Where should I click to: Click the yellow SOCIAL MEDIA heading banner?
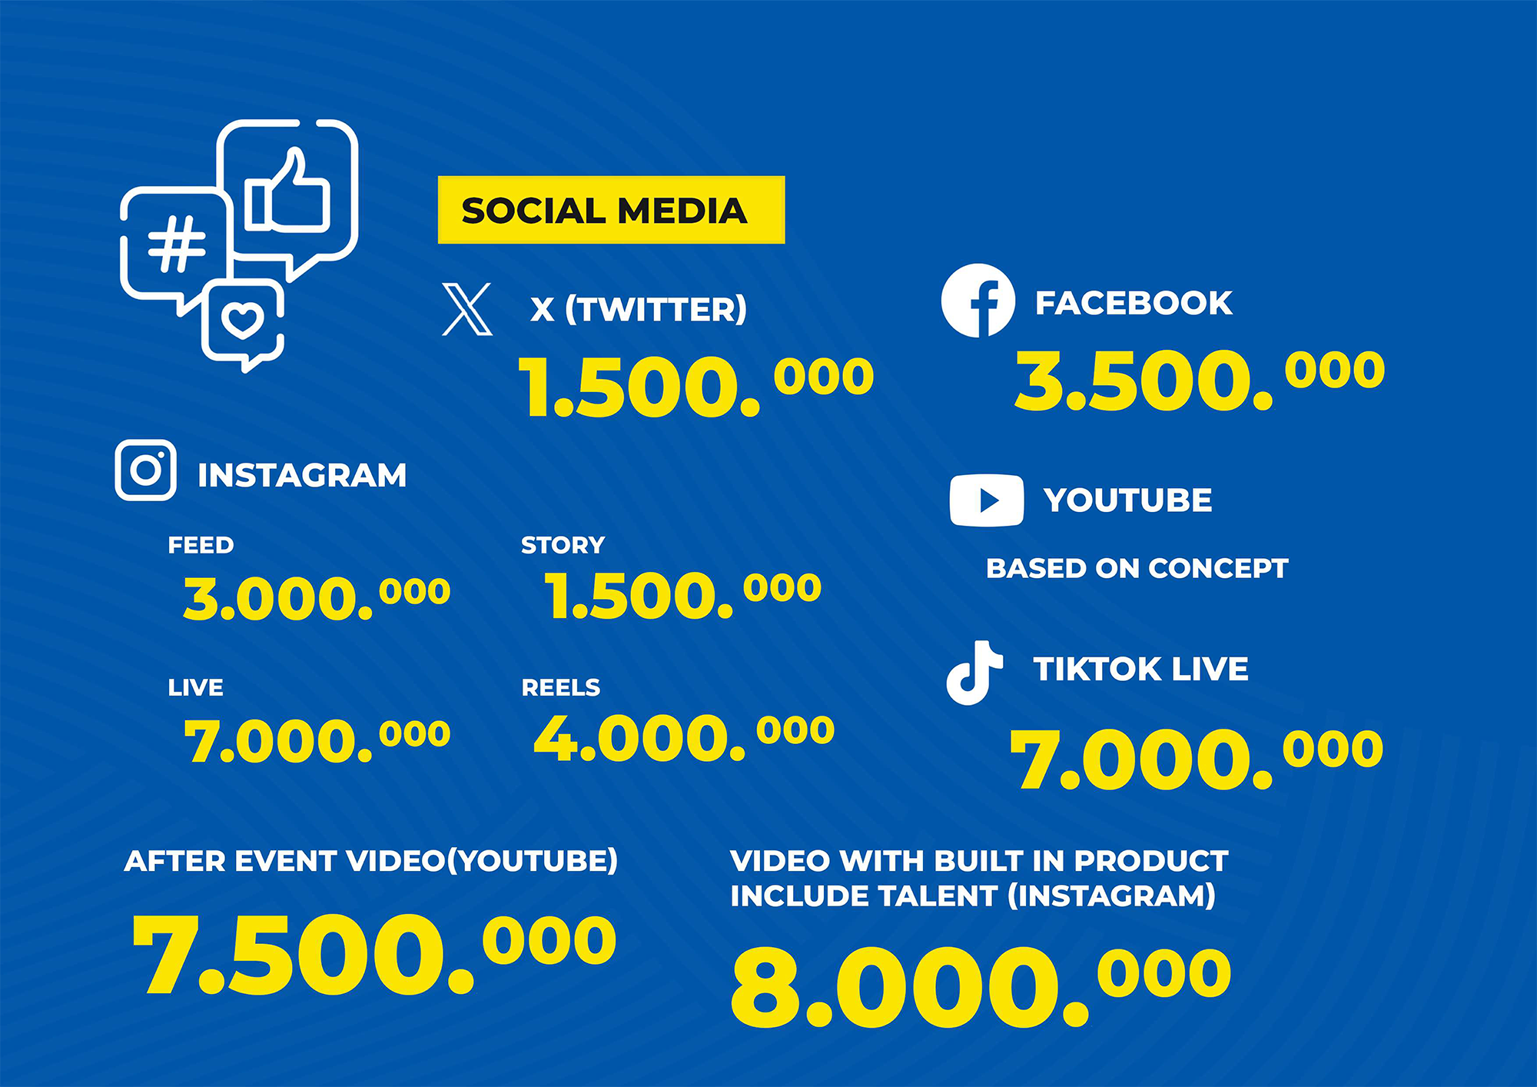click(x=611, y=210)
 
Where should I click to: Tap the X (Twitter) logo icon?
click(x=467, y=309)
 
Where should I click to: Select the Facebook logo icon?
click(x=978, y=301)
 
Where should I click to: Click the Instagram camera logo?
click(x=146, y=470)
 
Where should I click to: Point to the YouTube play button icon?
click(x=987, y=500)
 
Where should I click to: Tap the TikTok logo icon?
click(x=974, y=673)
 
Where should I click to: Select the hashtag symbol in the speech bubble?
click(x=177, y=244)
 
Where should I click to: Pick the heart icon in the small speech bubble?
click(x=243, y=319)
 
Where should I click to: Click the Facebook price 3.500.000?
click(x=1200, y=379)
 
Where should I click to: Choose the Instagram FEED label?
click(x=201, y=545)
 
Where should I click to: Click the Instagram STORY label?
click(x=563, y=545)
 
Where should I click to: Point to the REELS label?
click(x=560, y=687)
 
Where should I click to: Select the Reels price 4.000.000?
click(x=684, y=738)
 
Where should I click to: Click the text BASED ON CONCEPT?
click(x=1137, y=568)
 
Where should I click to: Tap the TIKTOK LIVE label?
click(x=1140, y=669)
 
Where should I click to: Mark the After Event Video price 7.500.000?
click(x=374, y=955)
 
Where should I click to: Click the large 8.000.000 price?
click(x=981, y=987)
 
